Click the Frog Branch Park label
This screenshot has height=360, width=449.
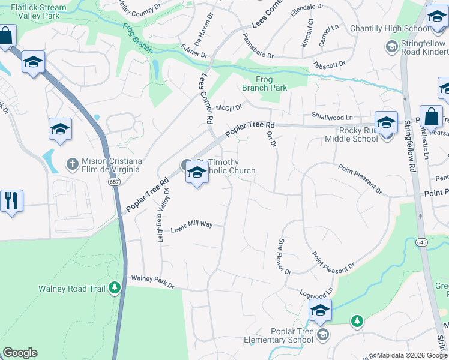(264, 83)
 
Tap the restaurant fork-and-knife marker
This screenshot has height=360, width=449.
(10, 201)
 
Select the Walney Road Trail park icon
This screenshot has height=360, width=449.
(114, 289)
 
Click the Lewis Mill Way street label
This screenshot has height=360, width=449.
(191, 227)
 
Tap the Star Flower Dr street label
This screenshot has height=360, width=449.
(284, 256)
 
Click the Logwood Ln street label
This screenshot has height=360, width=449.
(316, 292)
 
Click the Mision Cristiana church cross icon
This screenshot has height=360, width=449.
(72, 163)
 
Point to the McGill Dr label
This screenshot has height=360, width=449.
(229, 107)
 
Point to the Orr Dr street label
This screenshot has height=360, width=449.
(271, 139)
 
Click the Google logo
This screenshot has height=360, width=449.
(20, 353)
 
